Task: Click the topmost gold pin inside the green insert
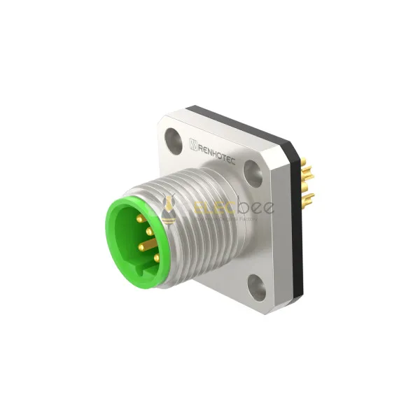pos(140,219)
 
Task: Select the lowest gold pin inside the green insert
pos(156,258)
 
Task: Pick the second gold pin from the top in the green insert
pos(150,231)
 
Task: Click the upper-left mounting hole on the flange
pos(174,141)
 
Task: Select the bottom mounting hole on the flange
pos(256,288)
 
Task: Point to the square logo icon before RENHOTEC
pos(193,144)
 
